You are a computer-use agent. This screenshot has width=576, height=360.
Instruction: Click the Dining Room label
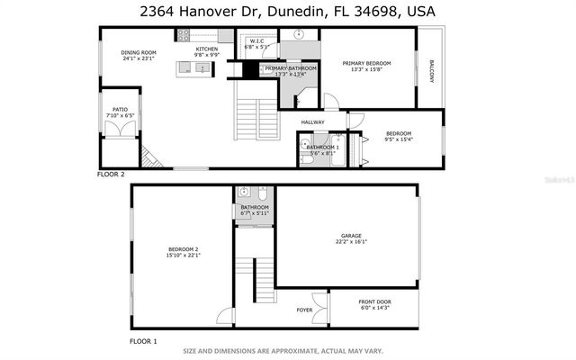139,53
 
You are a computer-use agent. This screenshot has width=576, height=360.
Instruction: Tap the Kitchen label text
207,49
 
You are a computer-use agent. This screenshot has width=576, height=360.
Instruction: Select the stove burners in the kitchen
184,35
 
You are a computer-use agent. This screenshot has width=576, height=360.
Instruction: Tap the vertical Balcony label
431,72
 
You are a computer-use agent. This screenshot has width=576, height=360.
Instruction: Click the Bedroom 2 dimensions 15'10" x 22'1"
183,256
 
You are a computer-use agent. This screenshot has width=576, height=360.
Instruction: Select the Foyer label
305,310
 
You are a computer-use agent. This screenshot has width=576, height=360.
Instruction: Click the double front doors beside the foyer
329,309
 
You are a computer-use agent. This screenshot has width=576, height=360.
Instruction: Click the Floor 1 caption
143,341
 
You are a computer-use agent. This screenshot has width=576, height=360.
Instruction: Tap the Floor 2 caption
111,173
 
